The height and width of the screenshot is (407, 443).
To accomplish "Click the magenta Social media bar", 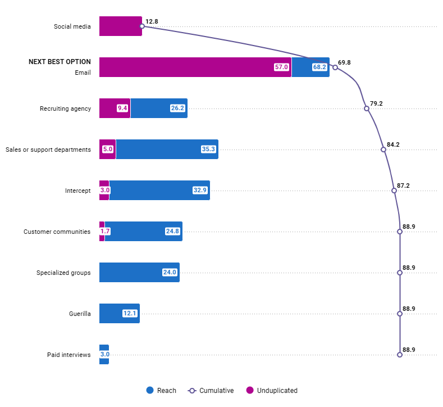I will point(120,26).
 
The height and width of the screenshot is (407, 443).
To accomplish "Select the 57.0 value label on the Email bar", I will point(281,67).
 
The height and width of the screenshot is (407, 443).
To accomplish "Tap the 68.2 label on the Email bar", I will point(319,67).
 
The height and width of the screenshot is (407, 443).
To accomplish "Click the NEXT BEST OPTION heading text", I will point(60,62).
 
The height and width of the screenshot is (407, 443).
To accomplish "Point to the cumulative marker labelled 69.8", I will point(335,67).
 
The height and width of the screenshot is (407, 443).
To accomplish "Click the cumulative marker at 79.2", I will point(367,108).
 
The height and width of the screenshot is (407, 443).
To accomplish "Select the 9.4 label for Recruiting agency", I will point(123,108).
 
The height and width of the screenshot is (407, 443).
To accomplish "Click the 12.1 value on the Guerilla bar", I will point(130,314).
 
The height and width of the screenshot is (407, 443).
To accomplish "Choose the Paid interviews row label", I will point(68,355).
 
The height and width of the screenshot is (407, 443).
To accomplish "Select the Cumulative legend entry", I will point(211,391).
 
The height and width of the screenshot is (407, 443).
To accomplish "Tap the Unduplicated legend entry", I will point(272,391).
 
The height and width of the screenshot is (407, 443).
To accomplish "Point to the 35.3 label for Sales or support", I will point(208,149).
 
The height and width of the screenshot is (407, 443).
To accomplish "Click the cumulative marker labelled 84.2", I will point(383,150).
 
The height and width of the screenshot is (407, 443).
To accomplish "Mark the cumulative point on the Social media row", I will point(142,26).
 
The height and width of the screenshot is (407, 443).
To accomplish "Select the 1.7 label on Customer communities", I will point(105,231).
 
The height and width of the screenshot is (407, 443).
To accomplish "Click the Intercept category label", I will point(77,191).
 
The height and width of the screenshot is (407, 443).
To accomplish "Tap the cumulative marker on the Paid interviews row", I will point(400,355).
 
